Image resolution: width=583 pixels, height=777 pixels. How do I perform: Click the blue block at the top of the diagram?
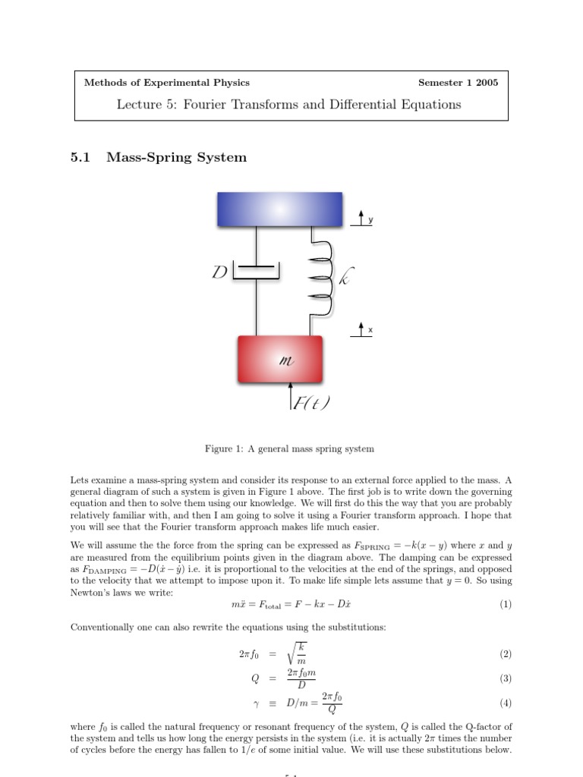pos(279,209)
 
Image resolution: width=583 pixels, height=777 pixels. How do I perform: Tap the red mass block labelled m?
pos(280,361)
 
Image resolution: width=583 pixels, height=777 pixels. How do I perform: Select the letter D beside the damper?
pos(221,272)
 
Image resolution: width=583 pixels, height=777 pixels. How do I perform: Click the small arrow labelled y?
pos(361,219)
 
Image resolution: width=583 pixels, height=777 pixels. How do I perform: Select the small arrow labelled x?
pos(361,329)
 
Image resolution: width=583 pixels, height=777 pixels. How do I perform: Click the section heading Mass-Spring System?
pos(177,158)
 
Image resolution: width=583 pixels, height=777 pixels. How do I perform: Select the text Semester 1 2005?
pos(458,83)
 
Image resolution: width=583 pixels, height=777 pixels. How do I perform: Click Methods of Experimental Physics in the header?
pos(166,83)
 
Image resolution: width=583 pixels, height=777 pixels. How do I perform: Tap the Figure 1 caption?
pos(289,448)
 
